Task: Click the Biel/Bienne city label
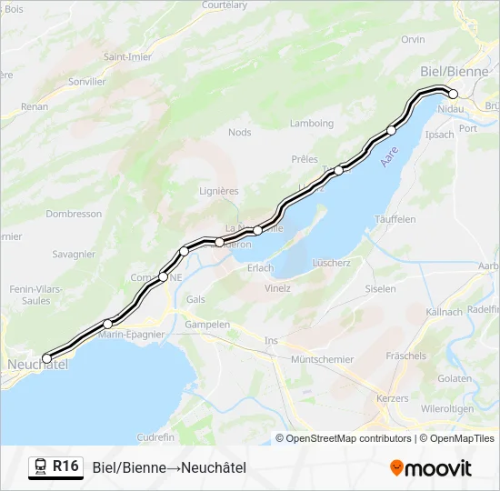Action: coord(455,71)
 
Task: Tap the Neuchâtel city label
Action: coord(36,365)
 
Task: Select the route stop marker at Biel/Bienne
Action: coord(453,94)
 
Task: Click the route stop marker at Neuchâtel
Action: coord(47,358)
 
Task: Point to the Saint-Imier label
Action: coord(127,56)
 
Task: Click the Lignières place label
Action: coord(218,191)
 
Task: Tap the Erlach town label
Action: coord(260,267)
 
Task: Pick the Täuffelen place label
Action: coord(395,219)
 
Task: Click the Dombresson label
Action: coord(74,214)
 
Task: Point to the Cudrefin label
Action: coord(155,437)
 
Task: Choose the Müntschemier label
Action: coord(322,359)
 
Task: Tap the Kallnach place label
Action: coord(445,312)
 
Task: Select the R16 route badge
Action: coord(65,466)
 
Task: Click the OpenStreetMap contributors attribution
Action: coord(344,438)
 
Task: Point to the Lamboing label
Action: coord(312,124)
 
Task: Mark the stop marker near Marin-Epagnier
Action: coord(107,324)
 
